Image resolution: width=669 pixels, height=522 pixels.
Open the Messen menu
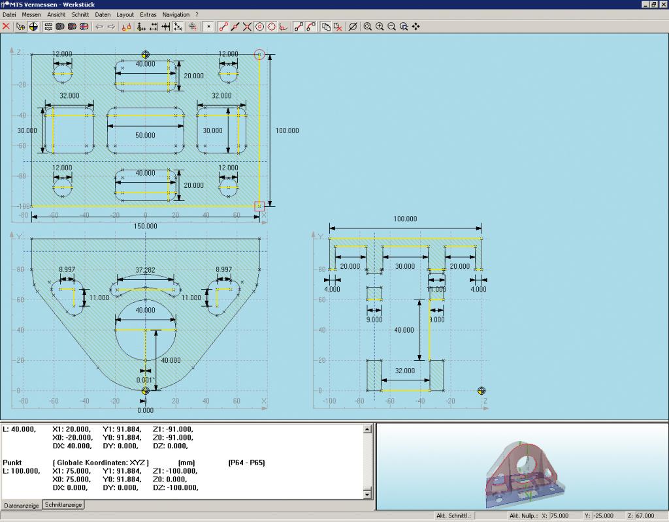pyautogui.click(x=31, y=14)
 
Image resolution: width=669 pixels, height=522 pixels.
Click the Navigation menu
pyautogui.click(x=176, y=14)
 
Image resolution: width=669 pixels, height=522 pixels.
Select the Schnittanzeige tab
pyautogui.click(x=63, y=505)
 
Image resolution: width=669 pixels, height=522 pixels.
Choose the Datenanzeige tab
pyautogui.click(x=22, y=506)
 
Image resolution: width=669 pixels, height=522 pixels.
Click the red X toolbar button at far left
pyautogui.click(x=6, y=26)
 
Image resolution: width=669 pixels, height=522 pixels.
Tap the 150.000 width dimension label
pyautogui.click(x=145, y=226)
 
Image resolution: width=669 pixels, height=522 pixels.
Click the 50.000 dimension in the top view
pyautogui.click(x=145, y=135)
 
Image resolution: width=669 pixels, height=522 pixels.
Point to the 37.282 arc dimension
pyautogui.click(x=145, y=270)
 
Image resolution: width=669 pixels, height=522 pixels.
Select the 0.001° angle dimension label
pyautogui.click(x=146, y=380)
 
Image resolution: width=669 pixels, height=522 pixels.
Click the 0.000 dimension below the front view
pyautogui.click(x=145, y=410)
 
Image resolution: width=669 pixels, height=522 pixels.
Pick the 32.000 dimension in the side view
pyautogui.click(x=404, y=371)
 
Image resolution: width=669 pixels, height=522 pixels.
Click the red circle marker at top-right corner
pyautogui.click(x=259, y=55)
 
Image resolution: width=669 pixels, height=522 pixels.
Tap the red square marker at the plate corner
pyautogui.click(x=259, y=206)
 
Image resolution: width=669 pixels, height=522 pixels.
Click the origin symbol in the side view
pyautogui.click(x=481, y=390)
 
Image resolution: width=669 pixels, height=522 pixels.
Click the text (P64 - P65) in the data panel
pyautogui.click(x=246, y=463)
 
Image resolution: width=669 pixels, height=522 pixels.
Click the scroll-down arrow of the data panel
pyautogui.click(x=367, y=495)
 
